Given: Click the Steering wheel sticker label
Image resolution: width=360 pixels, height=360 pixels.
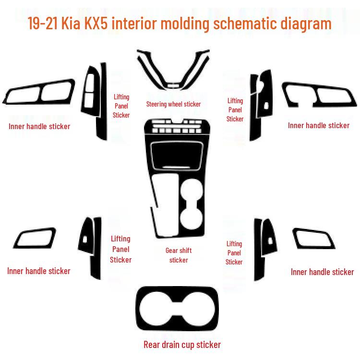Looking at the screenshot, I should (173, 104).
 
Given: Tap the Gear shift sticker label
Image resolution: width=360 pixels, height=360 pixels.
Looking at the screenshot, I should (179, 255).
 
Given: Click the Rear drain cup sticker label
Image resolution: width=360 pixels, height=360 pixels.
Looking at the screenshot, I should (182, 345).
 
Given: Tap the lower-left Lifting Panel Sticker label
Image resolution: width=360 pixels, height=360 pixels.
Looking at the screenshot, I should (120, 249).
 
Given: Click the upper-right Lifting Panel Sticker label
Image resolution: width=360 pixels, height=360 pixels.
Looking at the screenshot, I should (235, 110).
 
